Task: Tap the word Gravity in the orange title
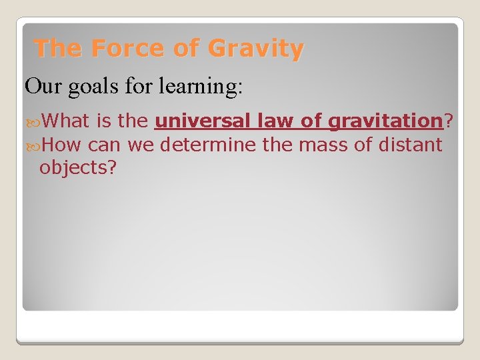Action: [x=255, y=49]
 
